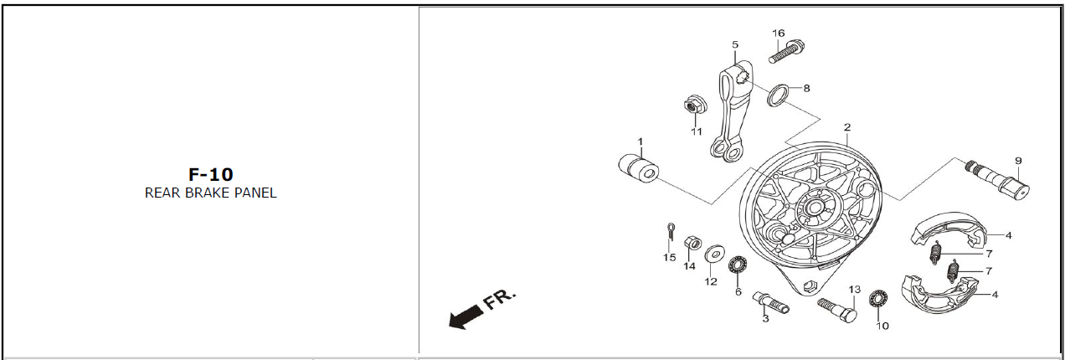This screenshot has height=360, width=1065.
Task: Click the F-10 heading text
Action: click(211, 174)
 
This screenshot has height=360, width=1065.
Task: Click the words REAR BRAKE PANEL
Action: click(211, 193)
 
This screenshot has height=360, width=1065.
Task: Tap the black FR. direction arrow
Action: click(466, 316)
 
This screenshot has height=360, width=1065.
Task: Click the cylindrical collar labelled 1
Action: click(639, 168)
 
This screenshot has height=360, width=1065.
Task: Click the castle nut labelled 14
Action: click(692, 243)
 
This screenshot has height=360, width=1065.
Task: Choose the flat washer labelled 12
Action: click(714, 253)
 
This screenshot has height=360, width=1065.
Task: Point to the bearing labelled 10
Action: click(877, 299)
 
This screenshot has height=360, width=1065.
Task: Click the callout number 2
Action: click(846, 127)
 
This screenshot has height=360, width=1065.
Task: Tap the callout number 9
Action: click(1018, 161)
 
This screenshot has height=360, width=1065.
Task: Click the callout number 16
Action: click(779, 33)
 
